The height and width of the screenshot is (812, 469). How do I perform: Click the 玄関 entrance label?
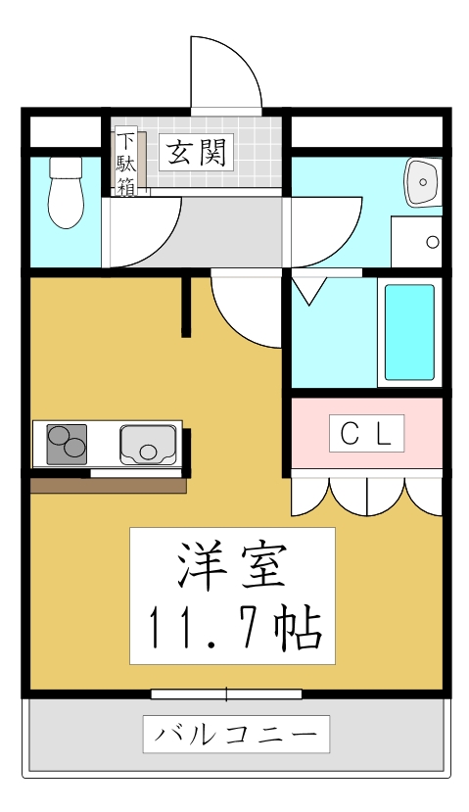point(197,152)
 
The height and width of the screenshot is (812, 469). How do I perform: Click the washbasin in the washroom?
point(424,181)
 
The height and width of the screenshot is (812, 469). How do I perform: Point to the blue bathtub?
point(408,333)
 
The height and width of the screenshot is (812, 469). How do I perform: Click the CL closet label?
point(366,432)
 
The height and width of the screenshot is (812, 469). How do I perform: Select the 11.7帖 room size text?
point(233,627)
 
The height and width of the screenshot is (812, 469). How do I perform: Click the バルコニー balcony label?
point(236,733)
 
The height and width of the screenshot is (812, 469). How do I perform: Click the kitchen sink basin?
point(148,445)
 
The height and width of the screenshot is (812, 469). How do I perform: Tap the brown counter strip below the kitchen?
point(108,485)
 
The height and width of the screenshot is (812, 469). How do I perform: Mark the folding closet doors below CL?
point(367,496)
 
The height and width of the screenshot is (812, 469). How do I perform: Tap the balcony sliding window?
point(226,694)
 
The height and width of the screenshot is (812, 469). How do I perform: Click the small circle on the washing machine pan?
point(432,242)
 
